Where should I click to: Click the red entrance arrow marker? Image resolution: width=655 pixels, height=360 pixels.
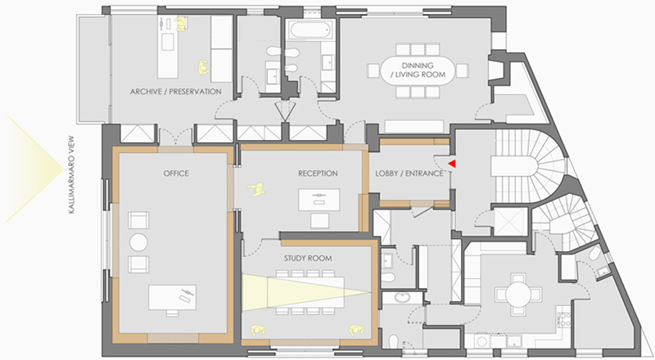452,164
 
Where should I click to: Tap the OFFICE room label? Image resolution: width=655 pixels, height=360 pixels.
176,173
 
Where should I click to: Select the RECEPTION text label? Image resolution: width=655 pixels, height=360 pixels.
318,173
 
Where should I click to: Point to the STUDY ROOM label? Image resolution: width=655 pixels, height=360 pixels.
308,258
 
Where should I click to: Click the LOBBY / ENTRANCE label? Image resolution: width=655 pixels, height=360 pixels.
409,173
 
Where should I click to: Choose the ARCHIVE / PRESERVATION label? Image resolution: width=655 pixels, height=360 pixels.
175,92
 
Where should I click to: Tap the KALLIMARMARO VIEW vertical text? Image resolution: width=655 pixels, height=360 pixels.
71,174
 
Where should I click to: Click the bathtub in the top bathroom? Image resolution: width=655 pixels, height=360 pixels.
311,29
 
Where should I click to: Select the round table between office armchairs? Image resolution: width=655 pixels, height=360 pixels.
138,242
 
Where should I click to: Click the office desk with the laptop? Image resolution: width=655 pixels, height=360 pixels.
172,297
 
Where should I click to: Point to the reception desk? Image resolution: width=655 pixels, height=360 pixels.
318,200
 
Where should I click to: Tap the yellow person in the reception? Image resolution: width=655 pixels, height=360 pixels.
256,190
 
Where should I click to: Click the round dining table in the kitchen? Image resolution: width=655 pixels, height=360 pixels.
518,294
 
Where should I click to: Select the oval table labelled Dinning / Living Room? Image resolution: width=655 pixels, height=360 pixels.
418,70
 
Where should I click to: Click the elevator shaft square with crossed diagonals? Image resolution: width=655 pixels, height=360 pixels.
511,222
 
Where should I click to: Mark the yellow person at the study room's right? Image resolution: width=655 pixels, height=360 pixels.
355,331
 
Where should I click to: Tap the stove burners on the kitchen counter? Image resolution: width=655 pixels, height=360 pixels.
564,319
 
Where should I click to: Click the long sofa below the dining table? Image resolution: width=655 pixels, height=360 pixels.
414,127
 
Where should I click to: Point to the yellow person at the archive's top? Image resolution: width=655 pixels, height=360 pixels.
181,24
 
